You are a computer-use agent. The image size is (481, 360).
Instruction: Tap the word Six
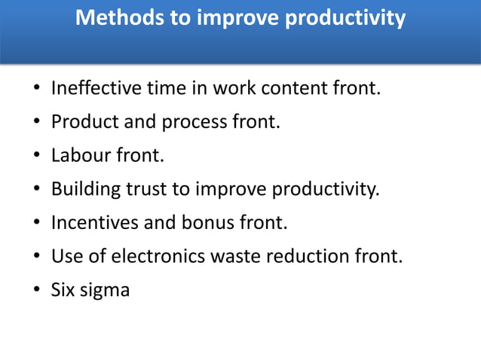point(63,289)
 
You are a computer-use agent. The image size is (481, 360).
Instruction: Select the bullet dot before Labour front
point(35,157)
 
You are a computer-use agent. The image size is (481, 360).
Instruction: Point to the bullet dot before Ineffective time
point(35,90)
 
